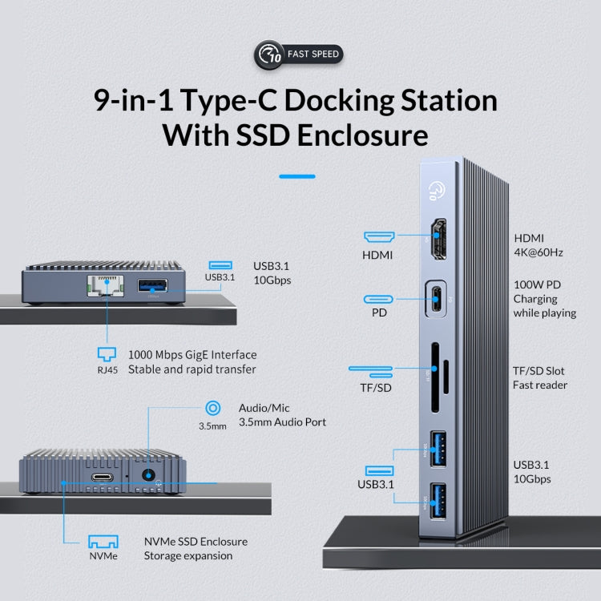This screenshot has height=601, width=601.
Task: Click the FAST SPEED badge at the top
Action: point(300,54)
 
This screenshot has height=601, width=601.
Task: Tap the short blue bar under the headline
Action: point(296,175)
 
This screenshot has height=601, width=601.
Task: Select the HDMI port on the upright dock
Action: point(439,238)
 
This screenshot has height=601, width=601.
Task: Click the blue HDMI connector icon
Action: point(379,237)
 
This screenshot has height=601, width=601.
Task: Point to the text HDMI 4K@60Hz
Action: point(538,244)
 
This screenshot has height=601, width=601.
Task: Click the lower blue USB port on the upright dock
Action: point(438,500)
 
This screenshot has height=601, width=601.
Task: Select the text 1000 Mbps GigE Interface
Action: point(192,354)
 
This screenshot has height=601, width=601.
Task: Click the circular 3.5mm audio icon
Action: point(212,409)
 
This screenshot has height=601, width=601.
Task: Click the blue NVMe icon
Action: point(103,541)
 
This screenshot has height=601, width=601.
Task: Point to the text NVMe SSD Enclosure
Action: point(196,541)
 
